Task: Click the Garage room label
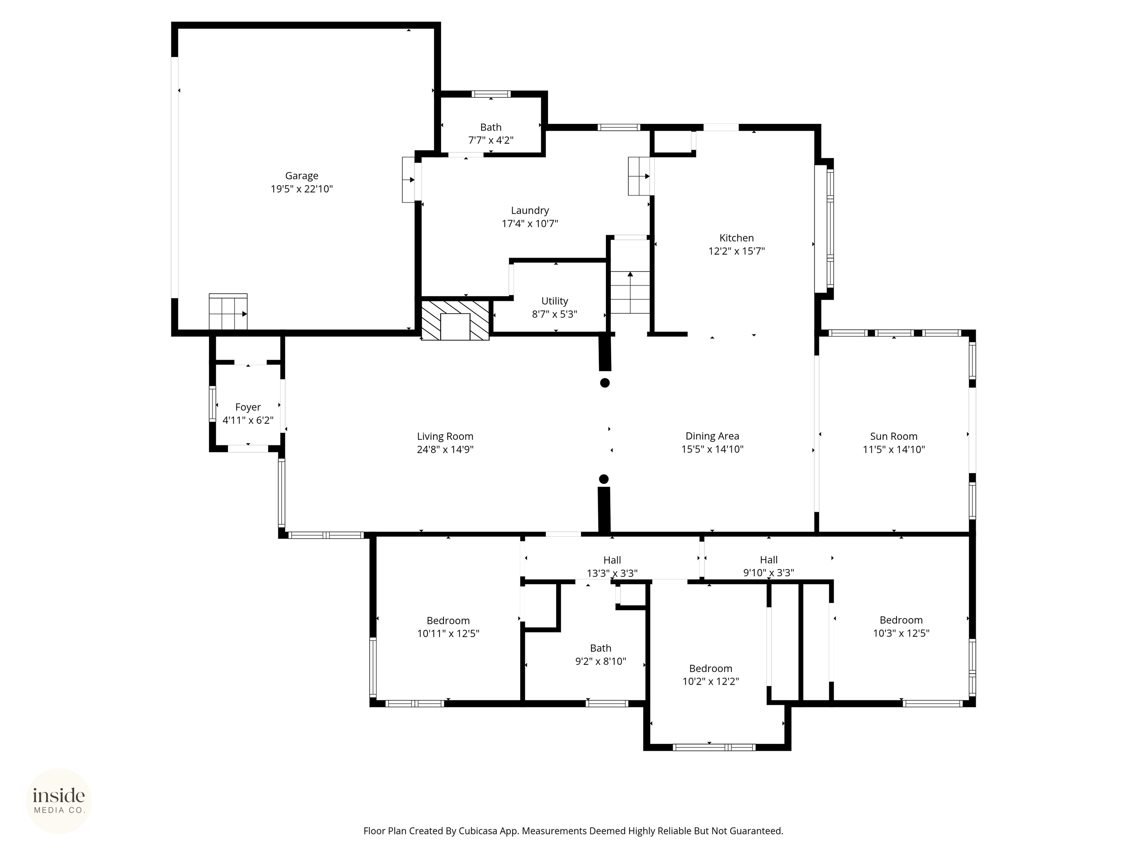pyautogui.click(x=301, y=176)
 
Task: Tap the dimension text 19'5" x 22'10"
pyautogui.click(x=301, y=189)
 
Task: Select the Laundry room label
pyautogui.click(x=529, y=211)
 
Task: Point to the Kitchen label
pyautogui.click(x=736, y=238)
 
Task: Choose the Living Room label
pyautogui.click(x=445, y=436)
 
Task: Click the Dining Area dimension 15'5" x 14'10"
pyautogui.click(x=712, y=449)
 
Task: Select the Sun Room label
pyautogui.click(x=893, y=436)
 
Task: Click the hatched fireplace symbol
pyautogui.click(x=455, y=320)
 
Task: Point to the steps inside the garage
pyautogui.click(x=228, y=312)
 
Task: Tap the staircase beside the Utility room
pyautogui.click(x=630, y=292)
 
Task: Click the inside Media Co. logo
pyautogui.click(x=59, y=801)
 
